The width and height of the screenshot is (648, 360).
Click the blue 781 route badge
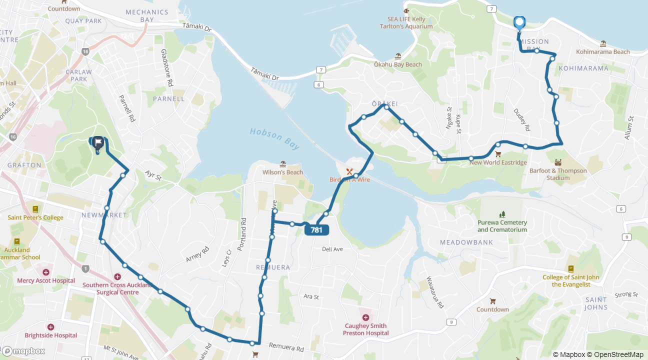click(316, 230)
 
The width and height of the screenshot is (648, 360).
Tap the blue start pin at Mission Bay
click(519, 22)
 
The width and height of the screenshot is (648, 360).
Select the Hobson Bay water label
click(274, 138)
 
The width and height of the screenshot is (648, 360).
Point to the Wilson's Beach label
click(282, 172)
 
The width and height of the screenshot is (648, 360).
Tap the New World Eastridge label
click(497, 162)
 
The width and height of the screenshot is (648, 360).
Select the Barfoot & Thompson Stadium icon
click(558, 162)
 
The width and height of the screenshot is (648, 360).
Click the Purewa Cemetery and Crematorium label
click(502, 226)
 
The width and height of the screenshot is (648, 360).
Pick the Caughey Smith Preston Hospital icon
click(365, 317)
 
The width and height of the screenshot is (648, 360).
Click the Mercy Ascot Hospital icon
click(46, 272)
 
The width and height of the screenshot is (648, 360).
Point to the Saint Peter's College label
click(35, 217)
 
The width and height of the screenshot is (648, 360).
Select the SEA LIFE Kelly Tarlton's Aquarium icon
click(405, 10)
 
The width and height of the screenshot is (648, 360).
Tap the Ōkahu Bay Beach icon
click(398, 56)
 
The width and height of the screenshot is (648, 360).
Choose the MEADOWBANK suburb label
click(466, 242)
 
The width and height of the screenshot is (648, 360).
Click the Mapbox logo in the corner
click(23, 351)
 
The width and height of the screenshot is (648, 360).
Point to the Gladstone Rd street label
click(166, 67)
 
